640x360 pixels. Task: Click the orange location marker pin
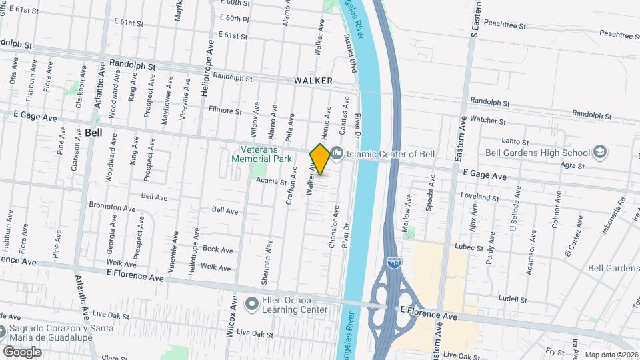click(x=320, y=159)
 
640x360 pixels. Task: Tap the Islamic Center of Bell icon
click(x=337, y=154)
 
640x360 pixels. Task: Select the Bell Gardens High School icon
click(x=599, y=153)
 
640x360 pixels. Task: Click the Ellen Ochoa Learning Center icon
click(x=252, y=304)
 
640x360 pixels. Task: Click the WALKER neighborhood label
click(x=313, y=81)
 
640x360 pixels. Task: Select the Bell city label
click(x=93, y=133)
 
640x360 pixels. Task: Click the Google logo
click(x=22, y=351)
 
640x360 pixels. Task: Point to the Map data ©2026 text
click(x=611, y=355)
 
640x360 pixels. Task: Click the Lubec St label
click(x=470, y=248)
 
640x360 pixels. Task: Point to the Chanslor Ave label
click(x=333, y=227)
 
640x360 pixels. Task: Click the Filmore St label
click(x=225, y=110)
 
